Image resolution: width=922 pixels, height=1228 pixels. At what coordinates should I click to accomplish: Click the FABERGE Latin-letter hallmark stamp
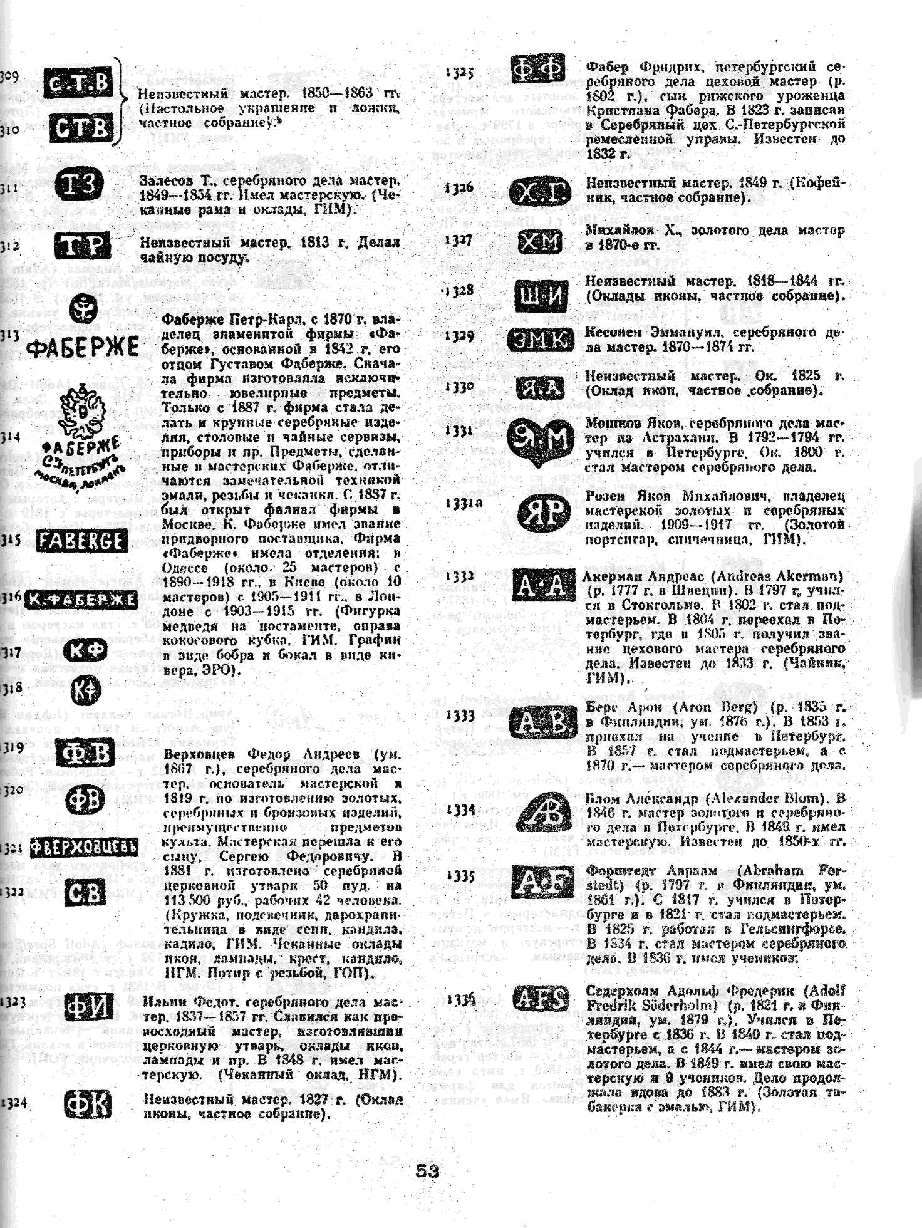pos(82,541)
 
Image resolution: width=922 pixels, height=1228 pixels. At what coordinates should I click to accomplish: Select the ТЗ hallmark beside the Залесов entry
pos(79,183)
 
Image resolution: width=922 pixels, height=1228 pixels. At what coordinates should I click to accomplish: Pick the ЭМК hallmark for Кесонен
pos(540,340)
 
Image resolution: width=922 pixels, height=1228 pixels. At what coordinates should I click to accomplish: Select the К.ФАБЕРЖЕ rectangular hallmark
pos(81,599)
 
